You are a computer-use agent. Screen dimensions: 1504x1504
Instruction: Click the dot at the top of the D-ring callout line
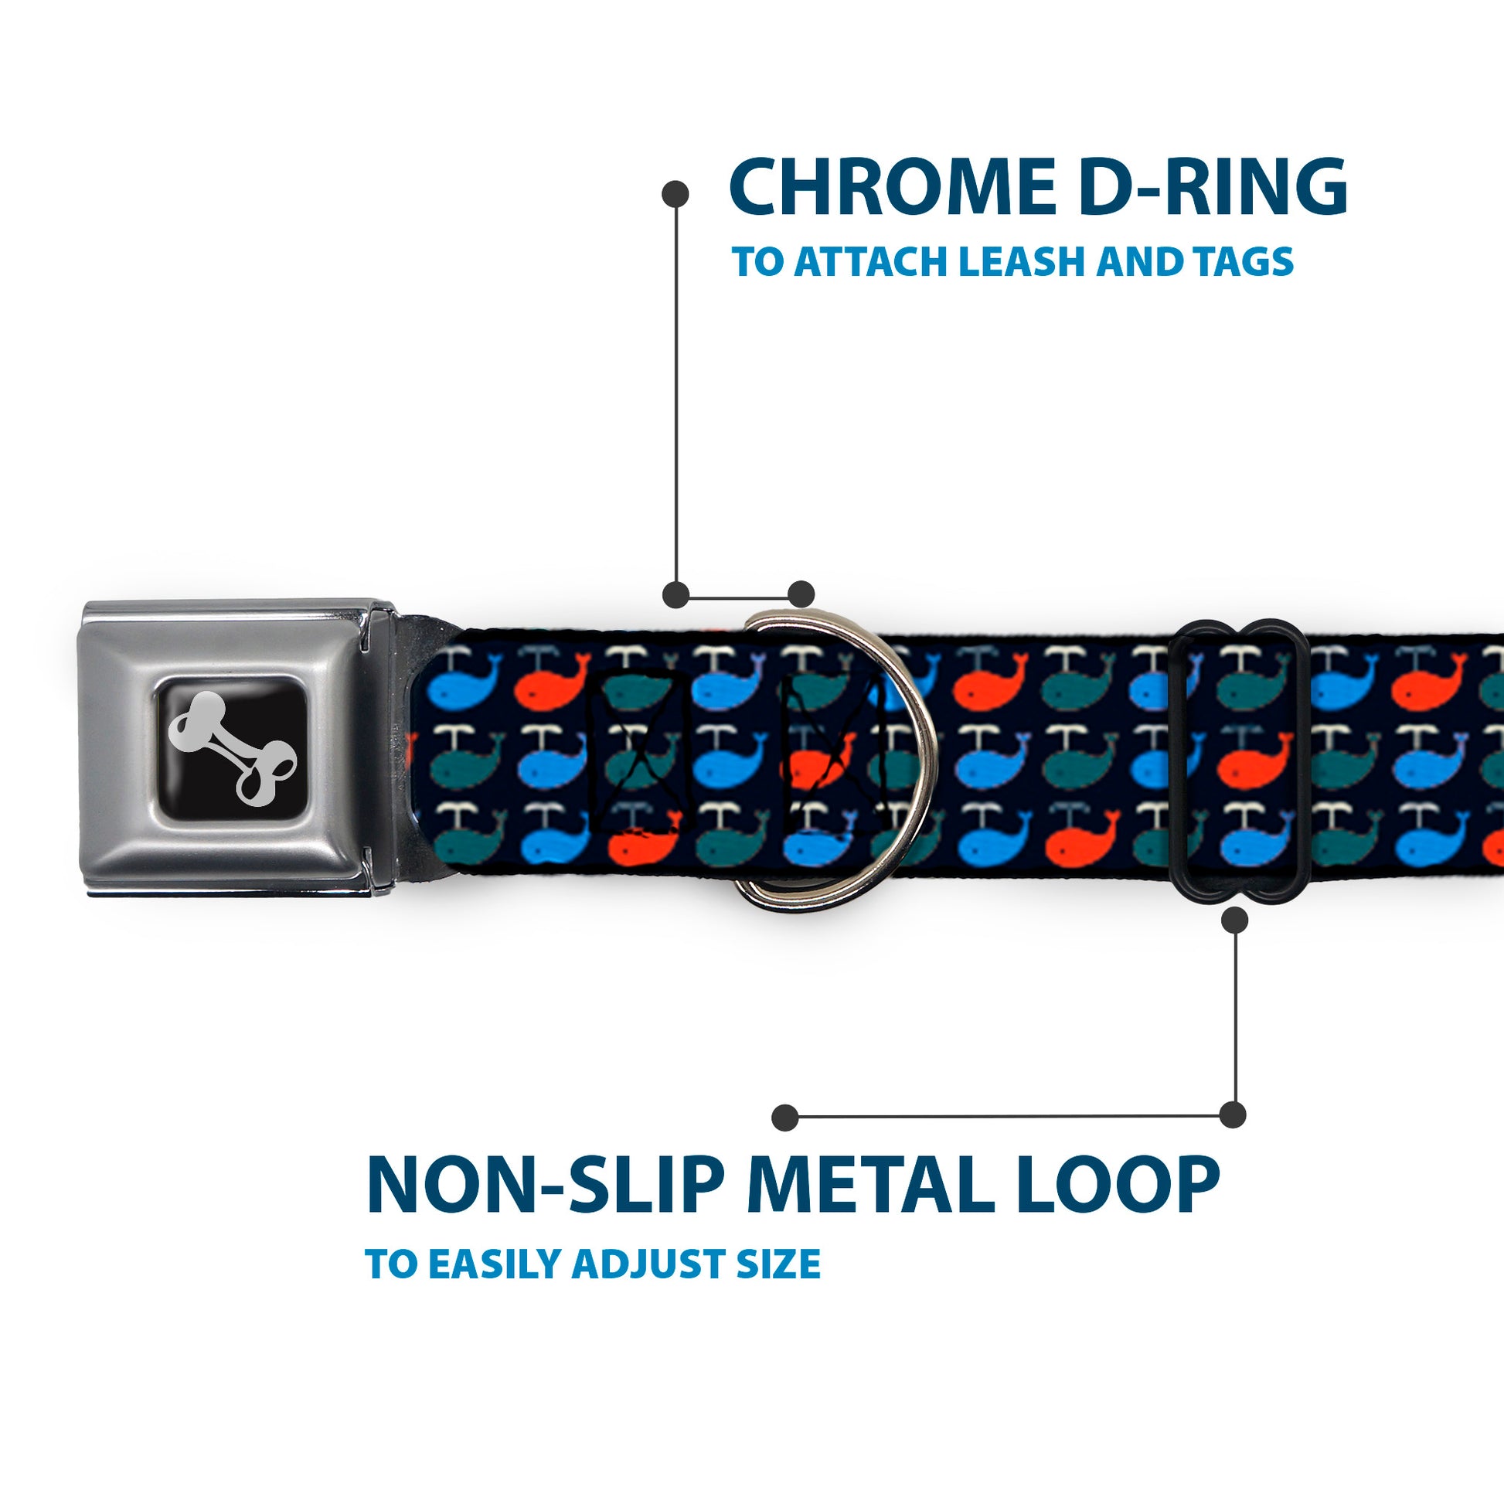tap(675, 194)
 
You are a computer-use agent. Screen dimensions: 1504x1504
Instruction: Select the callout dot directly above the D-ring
tap(801, 594)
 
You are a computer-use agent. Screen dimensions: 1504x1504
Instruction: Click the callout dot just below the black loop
tap(1234, 921)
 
